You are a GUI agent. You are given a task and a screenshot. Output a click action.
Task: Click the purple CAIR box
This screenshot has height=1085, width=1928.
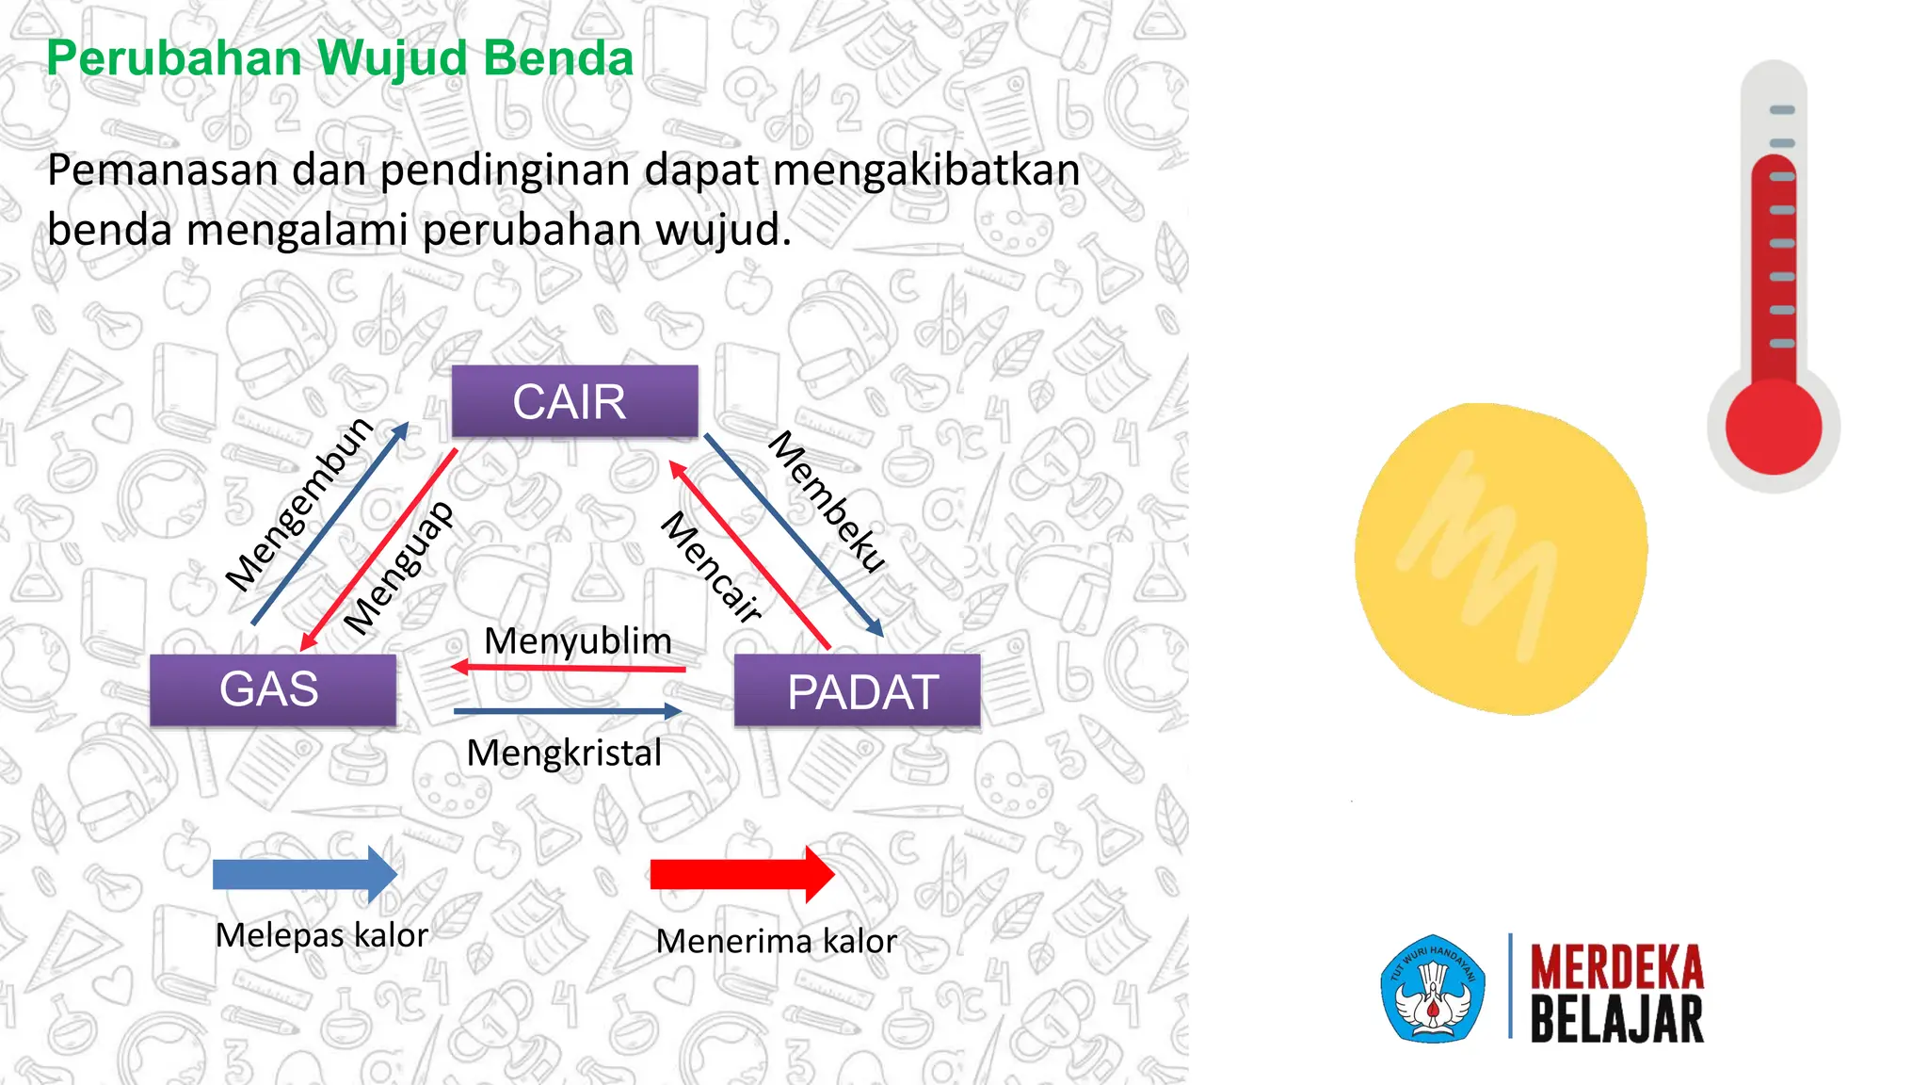click(x=574, y=401)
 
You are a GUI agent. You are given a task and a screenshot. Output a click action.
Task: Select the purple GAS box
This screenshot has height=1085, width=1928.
click(x=272, y=689)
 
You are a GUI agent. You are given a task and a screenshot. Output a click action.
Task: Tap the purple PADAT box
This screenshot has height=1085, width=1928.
click(x=857, y=691)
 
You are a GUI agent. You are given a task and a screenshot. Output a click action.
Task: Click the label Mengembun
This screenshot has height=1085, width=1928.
click(x=299, y=504)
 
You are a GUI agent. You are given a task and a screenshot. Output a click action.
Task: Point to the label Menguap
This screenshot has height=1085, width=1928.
click(x=398, y=568)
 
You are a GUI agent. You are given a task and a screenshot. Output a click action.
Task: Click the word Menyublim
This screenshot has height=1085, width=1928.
click(x=578, y=641)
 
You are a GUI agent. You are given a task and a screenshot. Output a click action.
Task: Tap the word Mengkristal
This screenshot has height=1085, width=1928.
click(x=564, y=753)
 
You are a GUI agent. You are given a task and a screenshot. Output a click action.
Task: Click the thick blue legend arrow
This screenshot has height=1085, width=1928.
click(x=304, y=874)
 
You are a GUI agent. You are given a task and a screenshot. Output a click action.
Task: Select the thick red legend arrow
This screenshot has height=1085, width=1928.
click(x=742, y=874)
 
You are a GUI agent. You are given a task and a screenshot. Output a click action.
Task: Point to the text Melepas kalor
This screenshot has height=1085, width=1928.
click(x=322, y=935)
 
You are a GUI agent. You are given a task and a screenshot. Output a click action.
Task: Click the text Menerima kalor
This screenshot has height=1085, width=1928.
click(x=776, y=941)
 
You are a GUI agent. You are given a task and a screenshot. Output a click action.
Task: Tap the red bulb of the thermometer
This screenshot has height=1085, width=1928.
click(x=1773, y=427)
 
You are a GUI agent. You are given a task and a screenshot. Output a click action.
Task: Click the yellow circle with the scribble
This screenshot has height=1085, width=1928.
click(x=1501, y=559)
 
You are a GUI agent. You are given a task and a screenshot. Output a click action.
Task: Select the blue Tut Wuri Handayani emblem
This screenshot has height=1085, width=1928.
click(x=1433, y=989)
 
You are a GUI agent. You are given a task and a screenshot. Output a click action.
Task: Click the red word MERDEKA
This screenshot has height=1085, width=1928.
click(x=1616, y=967)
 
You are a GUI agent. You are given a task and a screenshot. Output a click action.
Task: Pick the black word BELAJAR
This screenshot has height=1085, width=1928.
click(x=1616, y=1019)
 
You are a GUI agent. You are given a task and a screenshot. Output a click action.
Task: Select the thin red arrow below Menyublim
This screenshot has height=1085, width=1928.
click(x=569, y=668)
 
